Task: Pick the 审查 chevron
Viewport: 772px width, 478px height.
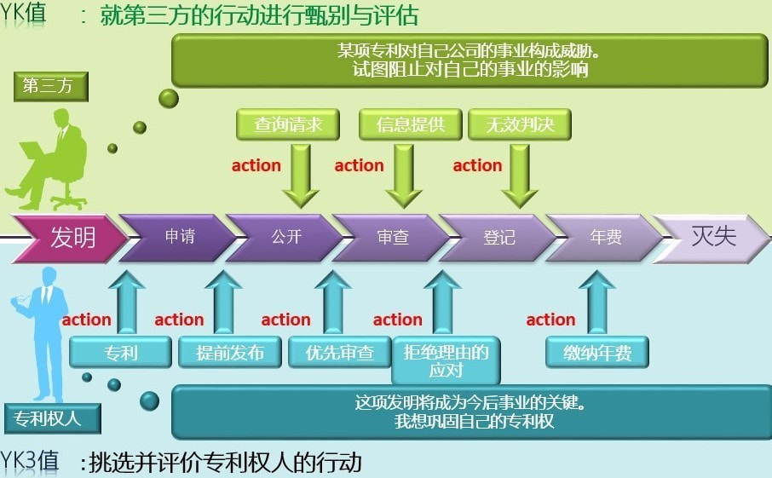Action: click(x=391, y=238)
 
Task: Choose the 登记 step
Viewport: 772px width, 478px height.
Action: click(x=498, y=238)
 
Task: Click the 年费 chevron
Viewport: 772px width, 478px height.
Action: click(x=604, y=238)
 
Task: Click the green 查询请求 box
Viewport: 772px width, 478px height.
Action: click(x=288, y=124)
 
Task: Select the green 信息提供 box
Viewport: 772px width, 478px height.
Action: click(x=410, y=124)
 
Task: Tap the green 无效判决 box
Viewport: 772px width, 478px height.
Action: click(x=519, y=124)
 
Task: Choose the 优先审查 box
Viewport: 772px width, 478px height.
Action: click(x=339, y=352)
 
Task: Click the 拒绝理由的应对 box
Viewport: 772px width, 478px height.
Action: click(x=446, y=360)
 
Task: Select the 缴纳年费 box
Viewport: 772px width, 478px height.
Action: click(x=596, y=352)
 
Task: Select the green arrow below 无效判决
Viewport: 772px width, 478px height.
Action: click(x=519, y=175)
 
